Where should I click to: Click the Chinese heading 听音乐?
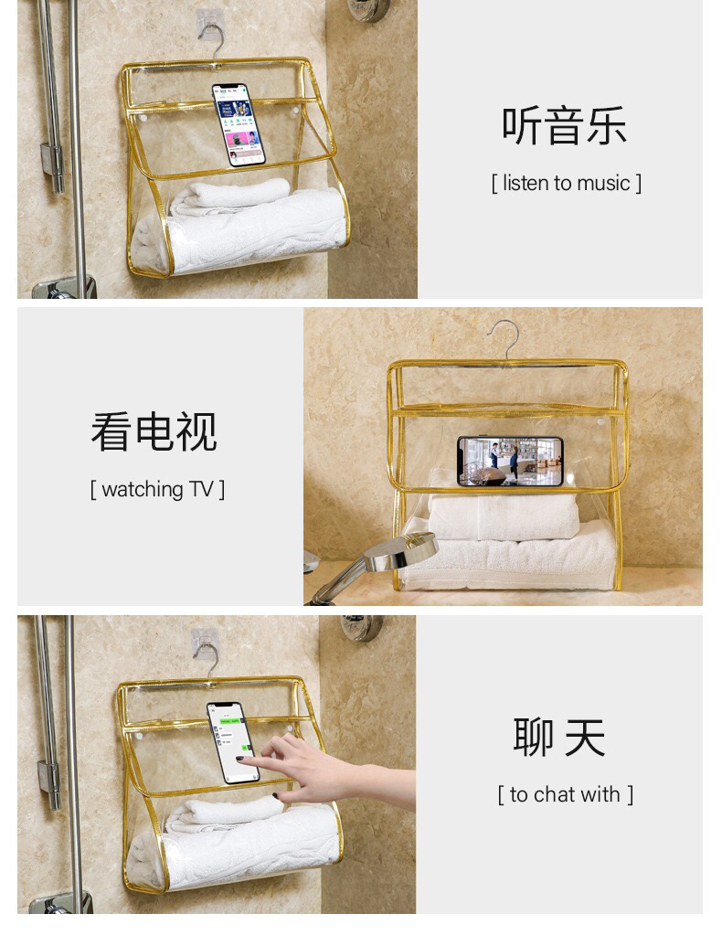tap(564, 125)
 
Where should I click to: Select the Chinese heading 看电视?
tap(154, 432)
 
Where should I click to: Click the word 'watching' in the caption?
tap(143, 489)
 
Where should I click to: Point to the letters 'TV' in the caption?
tap(201, 489)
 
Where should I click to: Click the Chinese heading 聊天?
tap(559, 738)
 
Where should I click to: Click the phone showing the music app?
tap(239, 125)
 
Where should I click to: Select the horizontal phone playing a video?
tap(510, 462)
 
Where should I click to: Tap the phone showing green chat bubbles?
tap(233, 743)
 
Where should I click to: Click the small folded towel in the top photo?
tap(230, 196)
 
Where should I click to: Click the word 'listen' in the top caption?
tap(526, 183)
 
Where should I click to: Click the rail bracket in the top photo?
tap(53, 166)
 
